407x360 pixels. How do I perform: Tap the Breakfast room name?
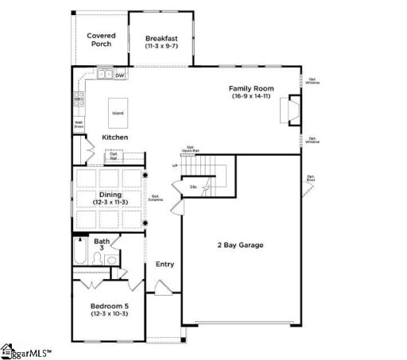tap(161, 37)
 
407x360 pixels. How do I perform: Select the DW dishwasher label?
tap(119, 76)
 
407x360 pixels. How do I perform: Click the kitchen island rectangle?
tap(118, 113)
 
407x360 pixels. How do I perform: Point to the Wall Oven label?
tap(79, 123)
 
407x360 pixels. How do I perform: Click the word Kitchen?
tap(116, 137)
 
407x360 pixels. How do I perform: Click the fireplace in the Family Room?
tap(292, 111)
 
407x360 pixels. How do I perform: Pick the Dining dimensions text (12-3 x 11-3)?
tap(110, 203)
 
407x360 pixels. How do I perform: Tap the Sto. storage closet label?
tap(193, 188)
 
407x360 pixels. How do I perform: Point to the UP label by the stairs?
tap(175, 166)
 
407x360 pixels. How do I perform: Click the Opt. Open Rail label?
tap(191, 148)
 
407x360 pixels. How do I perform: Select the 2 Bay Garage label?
tap(240, 245)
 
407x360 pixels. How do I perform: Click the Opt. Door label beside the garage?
tap(312, 178)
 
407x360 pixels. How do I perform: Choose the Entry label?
tap(165, 265)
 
